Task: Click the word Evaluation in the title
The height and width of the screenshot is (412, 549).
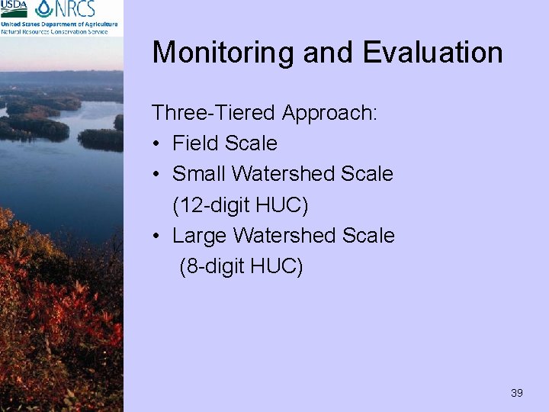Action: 432,53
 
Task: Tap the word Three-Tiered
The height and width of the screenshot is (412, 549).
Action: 213,113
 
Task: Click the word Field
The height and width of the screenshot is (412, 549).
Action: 194,143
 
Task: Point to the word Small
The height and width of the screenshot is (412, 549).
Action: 199,174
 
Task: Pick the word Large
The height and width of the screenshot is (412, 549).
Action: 200,236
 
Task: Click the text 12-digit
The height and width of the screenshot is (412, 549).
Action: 214,205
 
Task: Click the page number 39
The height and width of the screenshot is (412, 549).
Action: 517,393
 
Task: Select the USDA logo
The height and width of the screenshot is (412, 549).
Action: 14,9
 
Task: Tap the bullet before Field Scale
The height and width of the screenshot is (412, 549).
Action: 156,144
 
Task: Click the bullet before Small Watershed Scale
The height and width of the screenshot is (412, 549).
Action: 156,175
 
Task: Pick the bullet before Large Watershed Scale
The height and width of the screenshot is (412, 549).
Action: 156,237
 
